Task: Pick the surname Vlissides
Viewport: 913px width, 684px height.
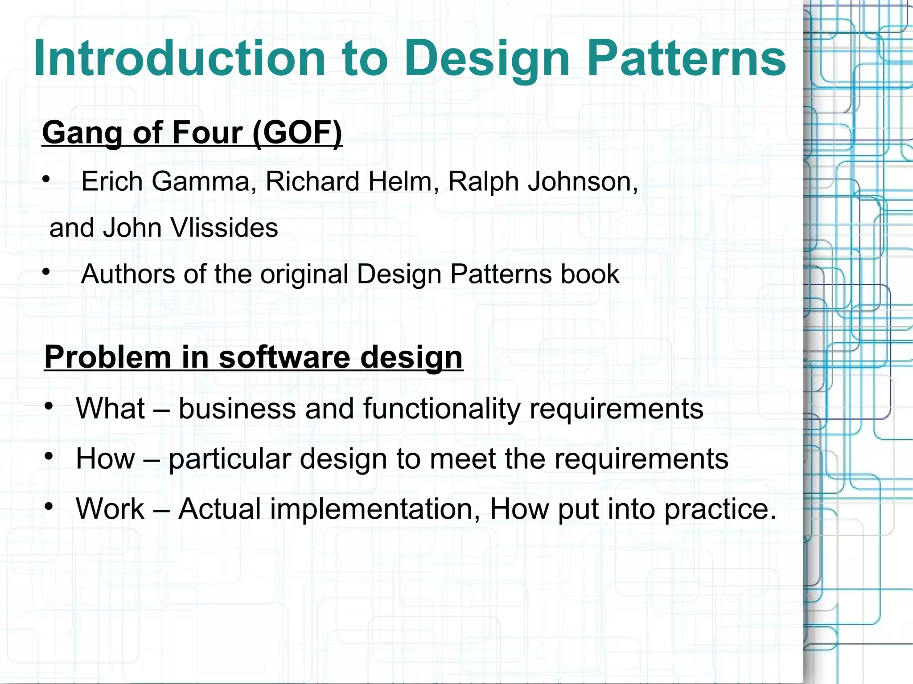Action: [x=224, y=228]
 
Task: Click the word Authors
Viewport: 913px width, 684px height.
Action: [x=128, y=274]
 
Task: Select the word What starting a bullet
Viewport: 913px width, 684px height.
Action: [x=111, y=409]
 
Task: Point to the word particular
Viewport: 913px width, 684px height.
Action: [x=230, y=459]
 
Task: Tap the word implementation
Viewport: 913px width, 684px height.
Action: [x=330, y=509]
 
